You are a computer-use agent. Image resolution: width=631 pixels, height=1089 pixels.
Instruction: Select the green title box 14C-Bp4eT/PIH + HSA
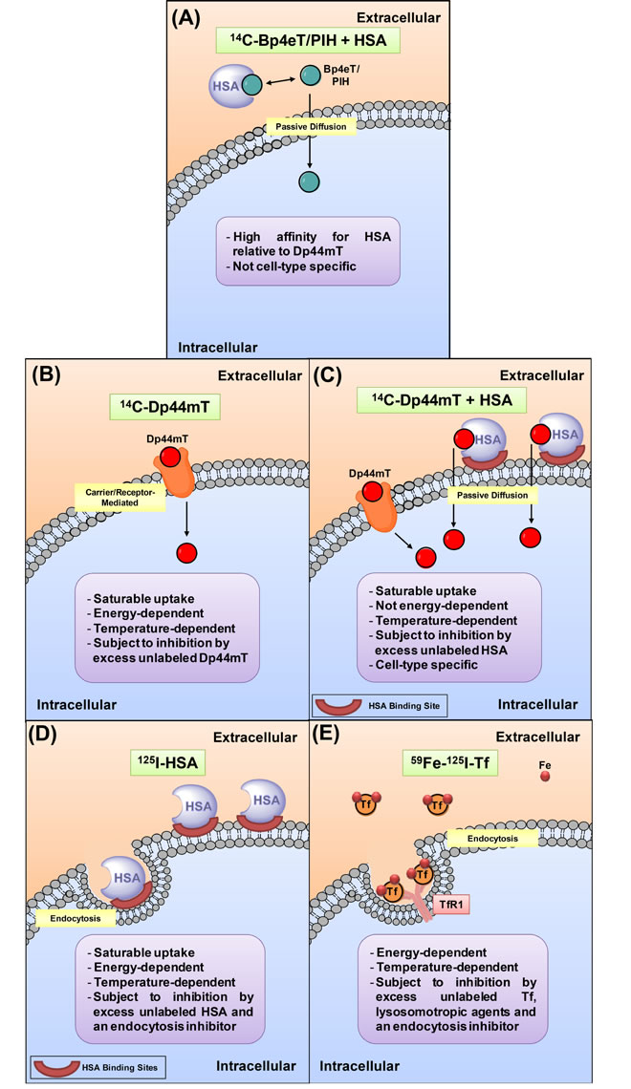pos(314,41)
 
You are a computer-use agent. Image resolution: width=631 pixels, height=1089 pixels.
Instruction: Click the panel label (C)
pos(339,375)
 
